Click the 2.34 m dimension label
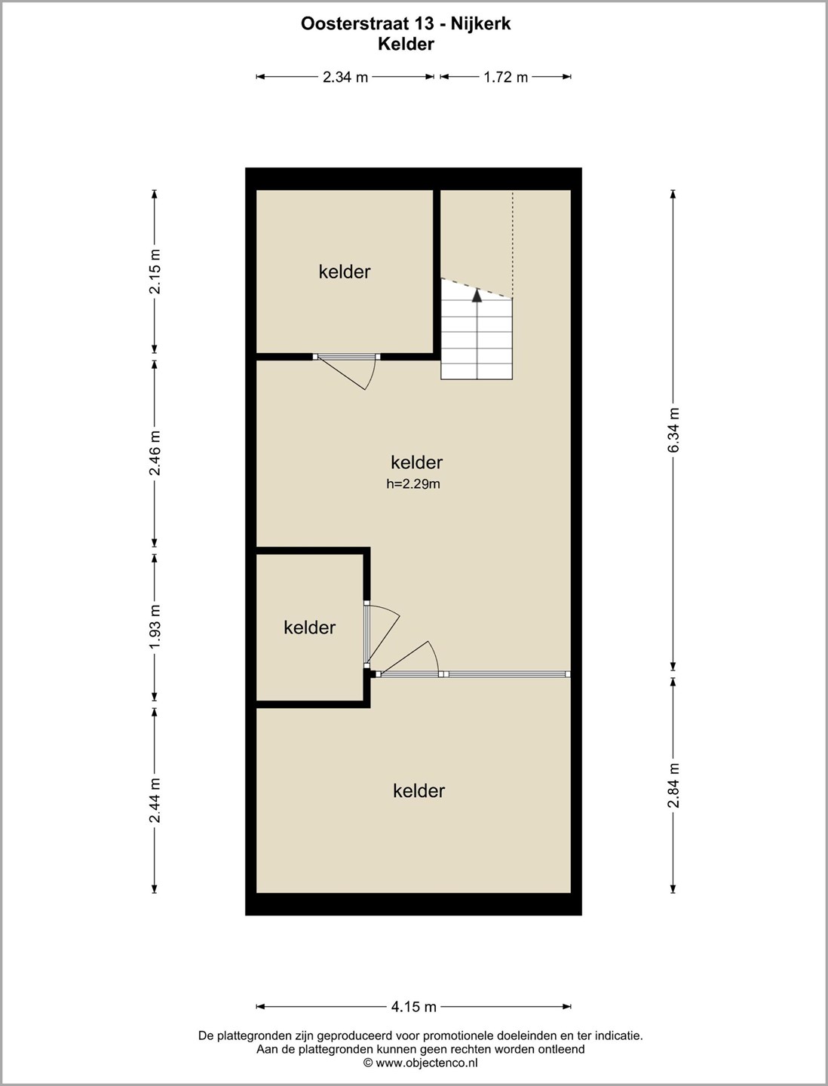click(x=345, y=77)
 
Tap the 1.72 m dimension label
click(x=505, y=77)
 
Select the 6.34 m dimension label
click(x=673, y=429)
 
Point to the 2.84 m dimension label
click(x=673, y=785)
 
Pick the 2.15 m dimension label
click(x=155, y=271)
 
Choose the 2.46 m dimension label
click(x=155, y=452)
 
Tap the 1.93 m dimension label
click(x=155, y=627)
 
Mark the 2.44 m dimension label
click(x=155, y=800)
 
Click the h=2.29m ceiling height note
click(x=413, y=484)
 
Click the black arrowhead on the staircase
click(x=477, y=296)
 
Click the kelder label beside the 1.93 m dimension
click(x=310, y=627)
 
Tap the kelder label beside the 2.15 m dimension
click(x=345, y=271)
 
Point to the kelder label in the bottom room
click(x=419, y=790)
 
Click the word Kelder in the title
click(x=406, y=44)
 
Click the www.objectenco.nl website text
click(x=427, y=1063)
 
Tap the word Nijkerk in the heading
click(x=481, y=24)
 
